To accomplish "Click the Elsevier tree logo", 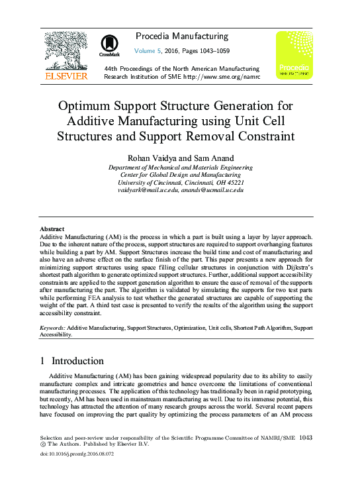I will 65,51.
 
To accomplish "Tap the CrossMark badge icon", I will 109,44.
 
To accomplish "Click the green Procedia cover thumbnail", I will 294,55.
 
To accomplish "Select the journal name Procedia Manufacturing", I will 181,36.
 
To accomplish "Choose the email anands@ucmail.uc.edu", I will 214,190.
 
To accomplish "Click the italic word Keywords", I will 52,328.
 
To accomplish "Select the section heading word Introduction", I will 77,362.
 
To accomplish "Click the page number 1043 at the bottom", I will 306,438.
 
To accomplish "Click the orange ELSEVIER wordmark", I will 65,76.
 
